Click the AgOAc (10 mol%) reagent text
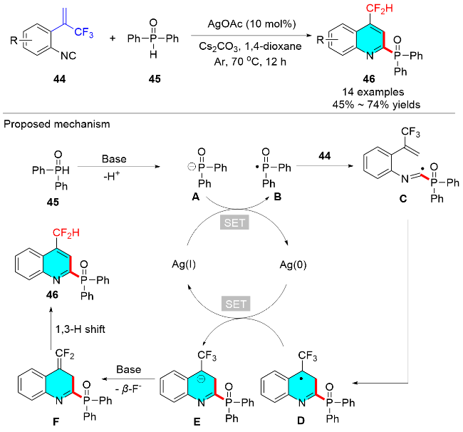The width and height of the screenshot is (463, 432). [x=251, y=24]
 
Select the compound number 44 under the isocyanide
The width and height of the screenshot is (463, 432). [x=59, y=79]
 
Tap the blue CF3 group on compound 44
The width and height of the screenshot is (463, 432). [x=84, y=32]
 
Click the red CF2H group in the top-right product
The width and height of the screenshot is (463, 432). [x=380, y=9]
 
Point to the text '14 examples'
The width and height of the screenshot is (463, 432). [x=373, y=92]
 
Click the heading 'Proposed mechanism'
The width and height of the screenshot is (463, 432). [x=57, y=124]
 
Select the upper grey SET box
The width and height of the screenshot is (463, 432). [x=234, y=222]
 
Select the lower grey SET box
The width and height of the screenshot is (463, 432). [x=236, y=304]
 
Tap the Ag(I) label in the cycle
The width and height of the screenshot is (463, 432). [x=184, y=264]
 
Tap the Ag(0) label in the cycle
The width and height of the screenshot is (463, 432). [x=293, y=264]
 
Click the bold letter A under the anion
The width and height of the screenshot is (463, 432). [x=195, y=197]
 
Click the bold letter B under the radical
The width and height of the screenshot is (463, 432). [x=278, y=197]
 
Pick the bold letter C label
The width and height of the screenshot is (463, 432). [x=403, y=199]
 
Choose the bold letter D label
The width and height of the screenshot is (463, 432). [x=301, y=420]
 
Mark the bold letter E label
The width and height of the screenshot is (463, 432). [x=197, y=421]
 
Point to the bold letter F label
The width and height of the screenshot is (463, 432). [x=56, y=421]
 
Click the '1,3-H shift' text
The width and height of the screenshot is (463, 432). [x=80, y=329]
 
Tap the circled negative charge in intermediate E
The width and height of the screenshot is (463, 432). [x=201, y=379]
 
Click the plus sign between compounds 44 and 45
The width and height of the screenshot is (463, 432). [x=113, y=38]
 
